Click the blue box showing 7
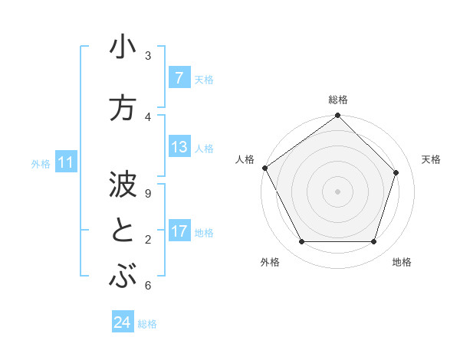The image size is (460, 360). pos(179,77)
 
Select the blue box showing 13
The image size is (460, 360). pos(179,147)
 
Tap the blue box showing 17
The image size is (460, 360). pos(179,231)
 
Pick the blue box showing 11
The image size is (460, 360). pos(66,162)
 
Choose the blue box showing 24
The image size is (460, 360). pos(123,322)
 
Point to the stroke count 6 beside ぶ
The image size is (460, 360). pos(148,286)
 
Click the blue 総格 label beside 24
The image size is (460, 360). pos(147,324)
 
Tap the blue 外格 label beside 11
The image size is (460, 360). pos(41,163)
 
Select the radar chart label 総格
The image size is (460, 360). pos(338,100)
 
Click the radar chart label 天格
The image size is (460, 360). pos(432,159)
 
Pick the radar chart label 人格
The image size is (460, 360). pos(245,159)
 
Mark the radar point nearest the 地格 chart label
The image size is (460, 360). pos(373,242)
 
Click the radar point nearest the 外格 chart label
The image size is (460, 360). pos(301,242)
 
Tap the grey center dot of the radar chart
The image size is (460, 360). pos(337,191)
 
